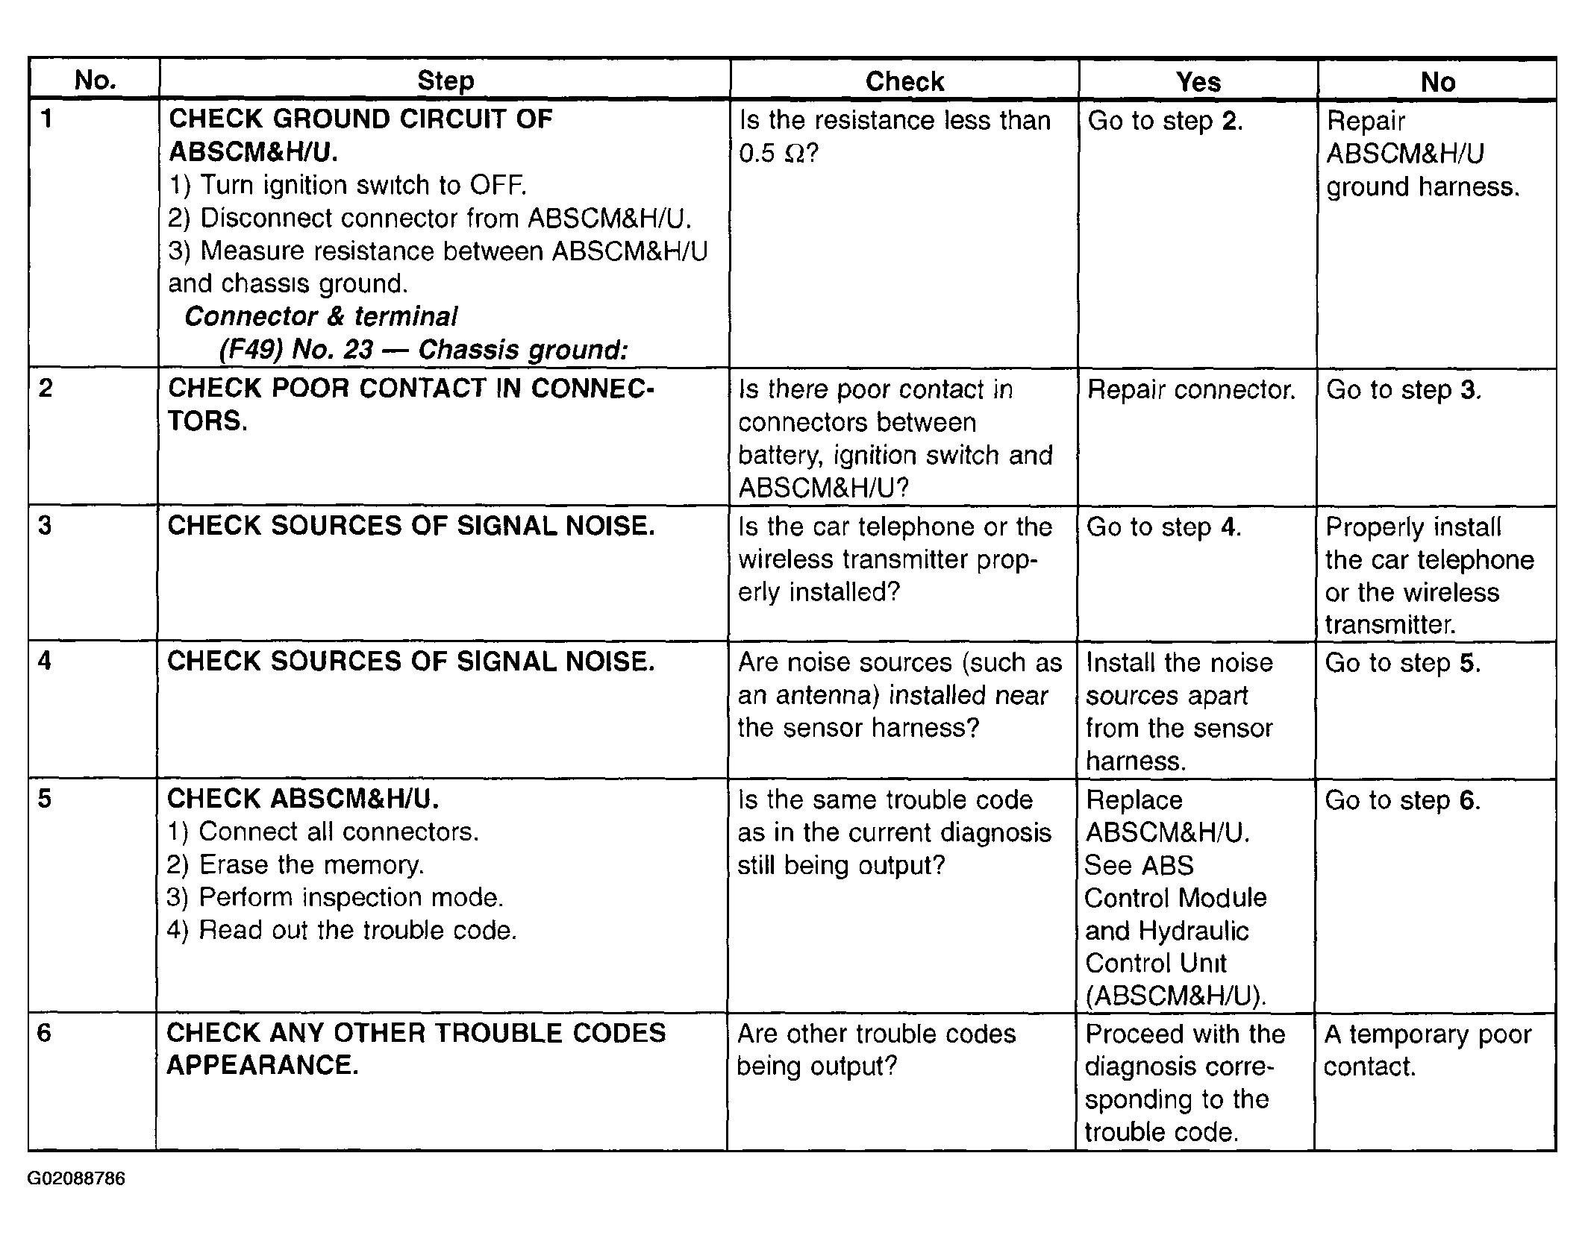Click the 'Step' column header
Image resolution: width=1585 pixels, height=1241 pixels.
pos(445,81)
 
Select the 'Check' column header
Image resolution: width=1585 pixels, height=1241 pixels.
pos(904,81)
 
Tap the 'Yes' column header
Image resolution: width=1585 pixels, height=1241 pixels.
pos(1198,81)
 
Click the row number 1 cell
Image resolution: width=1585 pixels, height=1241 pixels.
pos(47,119)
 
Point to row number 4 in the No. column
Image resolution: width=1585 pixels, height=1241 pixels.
pos(45,661)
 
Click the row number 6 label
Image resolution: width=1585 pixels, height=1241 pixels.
pos(45,1033)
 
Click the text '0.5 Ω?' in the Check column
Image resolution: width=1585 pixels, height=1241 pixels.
pos(778,154)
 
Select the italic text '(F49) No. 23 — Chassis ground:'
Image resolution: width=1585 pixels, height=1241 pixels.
pos(423,349)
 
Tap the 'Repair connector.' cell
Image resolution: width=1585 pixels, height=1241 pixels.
pos(1191,389)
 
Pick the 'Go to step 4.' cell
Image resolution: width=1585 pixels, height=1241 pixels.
pos(1163,527)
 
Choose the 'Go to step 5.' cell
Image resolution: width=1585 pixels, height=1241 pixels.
pos(1402,662)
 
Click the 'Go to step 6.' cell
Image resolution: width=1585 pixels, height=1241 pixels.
pos(1402,800)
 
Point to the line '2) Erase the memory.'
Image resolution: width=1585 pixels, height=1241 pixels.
pos(296,864)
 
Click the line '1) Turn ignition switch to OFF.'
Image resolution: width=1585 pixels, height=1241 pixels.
pos(348,184)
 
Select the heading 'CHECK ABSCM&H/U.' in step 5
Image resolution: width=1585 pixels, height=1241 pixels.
pos(303,799)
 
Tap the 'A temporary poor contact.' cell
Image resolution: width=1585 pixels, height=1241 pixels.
pos(1427,1049)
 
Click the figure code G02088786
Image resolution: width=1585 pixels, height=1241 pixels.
pos(76,1179)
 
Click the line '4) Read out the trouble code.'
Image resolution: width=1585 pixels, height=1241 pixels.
pos(342,930)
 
